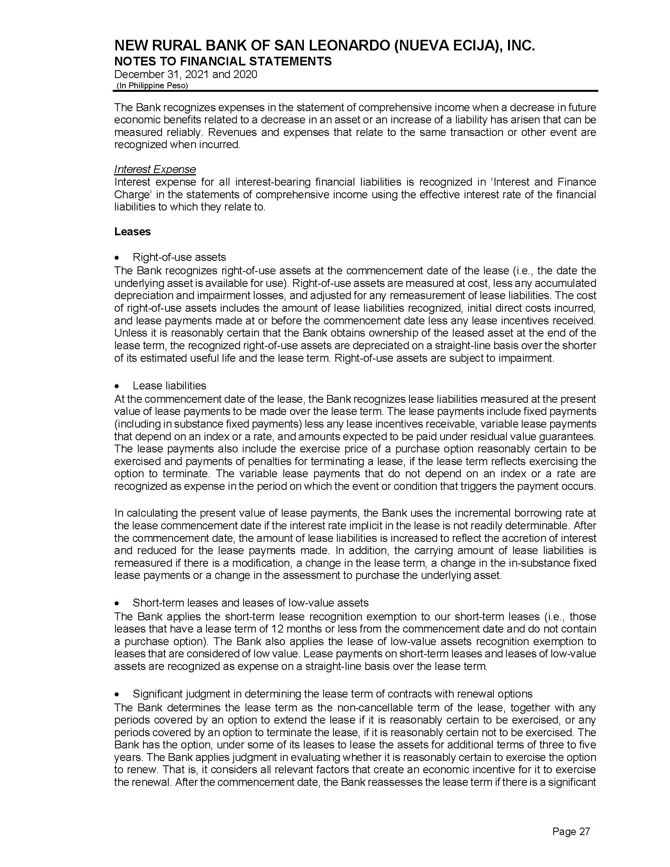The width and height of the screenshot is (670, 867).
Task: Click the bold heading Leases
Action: click(132, 232)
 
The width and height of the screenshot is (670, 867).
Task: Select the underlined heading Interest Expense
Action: click(155, 169)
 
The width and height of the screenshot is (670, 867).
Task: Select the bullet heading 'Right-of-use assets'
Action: click(179, 257)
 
